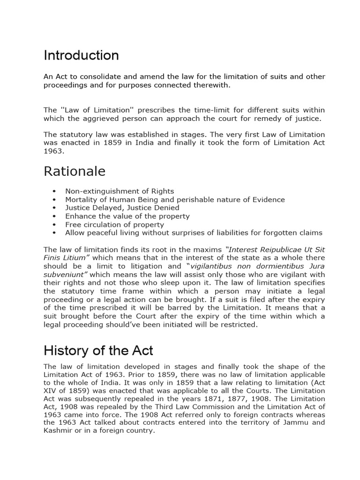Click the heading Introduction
click(x=81, y=56)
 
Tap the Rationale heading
click(x=75, y=172)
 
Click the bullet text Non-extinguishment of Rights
click(x=120, y=191)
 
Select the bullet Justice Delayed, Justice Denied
click(x=122, y=208)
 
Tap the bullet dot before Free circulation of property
click(x=55, y=225)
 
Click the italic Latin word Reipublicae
click(x=267, y=250)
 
